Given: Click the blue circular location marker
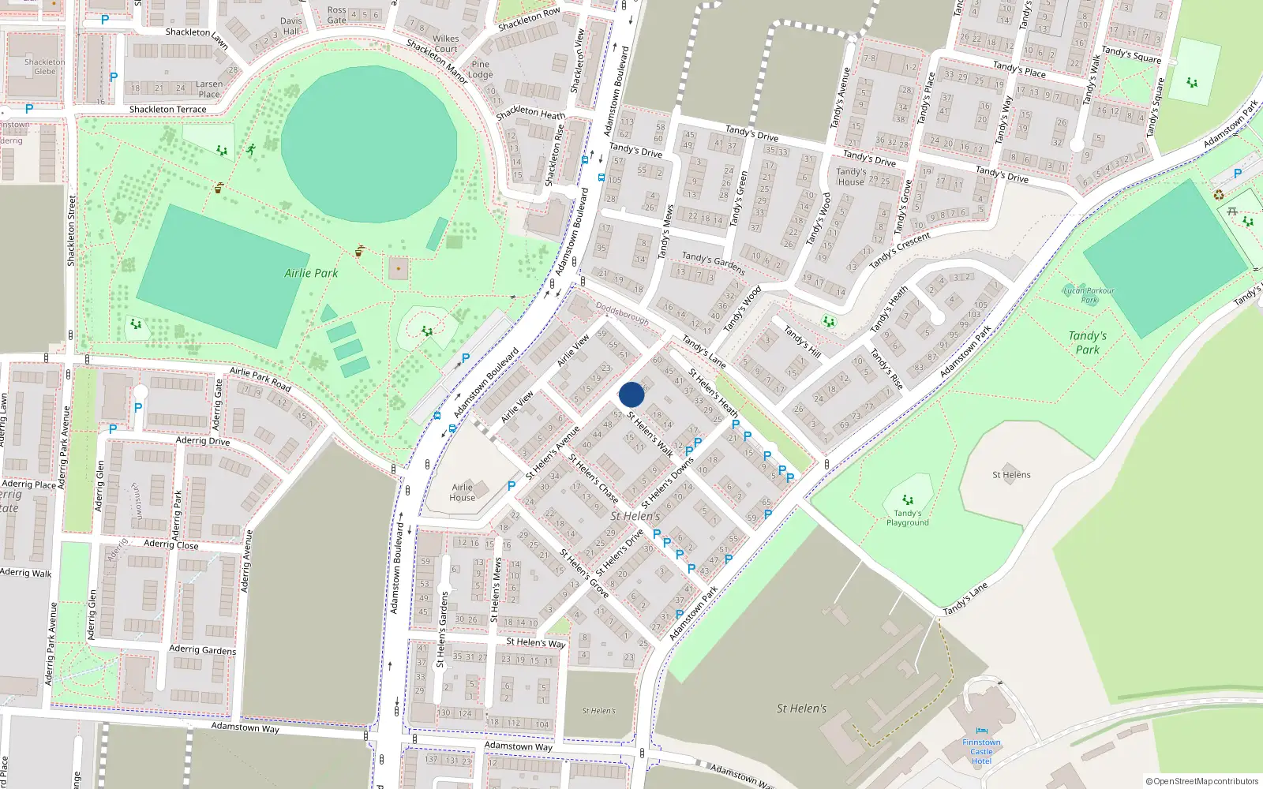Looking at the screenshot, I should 631,394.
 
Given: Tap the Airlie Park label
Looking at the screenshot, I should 311,273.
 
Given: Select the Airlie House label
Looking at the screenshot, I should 463,492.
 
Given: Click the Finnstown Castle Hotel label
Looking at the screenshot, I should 981,751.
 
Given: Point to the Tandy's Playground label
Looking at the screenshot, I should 907,518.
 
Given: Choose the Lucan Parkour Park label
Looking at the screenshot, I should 1089,295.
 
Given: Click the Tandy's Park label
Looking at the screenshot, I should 1087,342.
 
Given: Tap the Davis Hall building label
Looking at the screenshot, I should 291,26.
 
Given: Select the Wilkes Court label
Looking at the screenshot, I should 445,43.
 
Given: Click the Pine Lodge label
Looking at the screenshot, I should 480,69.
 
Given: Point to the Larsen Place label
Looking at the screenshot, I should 209,89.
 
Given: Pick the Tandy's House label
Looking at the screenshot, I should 851,177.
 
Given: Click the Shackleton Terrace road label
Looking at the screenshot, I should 167,110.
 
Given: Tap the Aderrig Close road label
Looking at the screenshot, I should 171,544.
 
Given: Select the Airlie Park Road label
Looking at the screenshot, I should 260,379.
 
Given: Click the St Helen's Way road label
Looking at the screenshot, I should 535,642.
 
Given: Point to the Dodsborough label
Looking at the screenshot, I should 622,313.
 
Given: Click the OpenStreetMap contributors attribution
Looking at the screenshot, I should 1201,781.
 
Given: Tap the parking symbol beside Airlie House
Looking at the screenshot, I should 512,486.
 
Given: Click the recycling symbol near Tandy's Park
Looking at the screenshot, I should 1218,194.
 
